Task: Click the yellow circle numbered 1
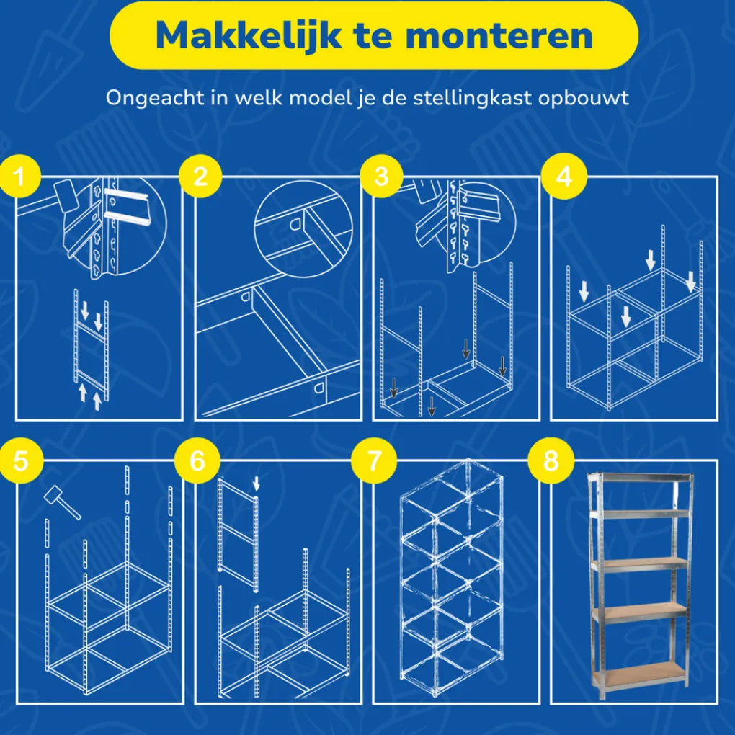pos(19,177)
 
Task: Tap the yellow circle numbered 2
pos(200,177)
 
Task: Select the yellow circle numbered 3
pos(382,177)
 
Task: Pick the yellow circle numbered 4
pos(564,177)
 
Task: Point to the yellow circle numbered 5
pos(21,460)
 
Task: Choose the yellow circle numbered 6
pos(197,460)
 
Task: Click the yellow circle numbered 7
pos(374,460)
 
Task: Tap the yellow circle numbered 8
pos(551,460)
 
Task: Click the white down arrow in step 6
pos(256,484)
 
